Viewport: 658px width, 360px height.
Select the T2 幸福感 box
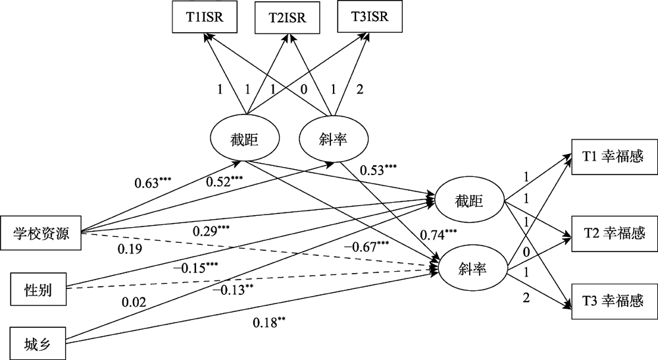coord(613,232)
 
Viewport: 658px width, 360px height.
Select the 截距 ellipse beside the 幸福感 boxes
coord(468,201)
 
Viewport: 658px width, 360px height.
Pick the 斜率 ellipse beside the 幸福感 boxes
coord(468,269)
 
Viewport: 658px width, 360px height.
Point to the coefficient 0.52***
coord(225,182)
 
